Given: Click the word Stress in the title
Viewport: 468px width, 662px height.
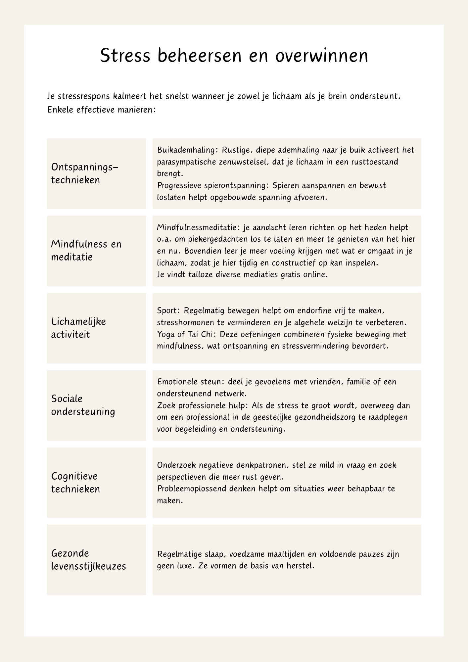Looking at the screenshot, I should pyautogui.click(x=125, y=56).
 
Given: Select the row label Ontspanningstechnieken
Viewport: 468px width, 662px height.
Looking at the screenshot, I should pyautogui.click(x=84, y=173).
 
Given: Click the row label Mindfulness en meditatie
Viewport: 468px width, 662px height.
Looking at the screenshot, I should pyautogui.click(x=86, y=251).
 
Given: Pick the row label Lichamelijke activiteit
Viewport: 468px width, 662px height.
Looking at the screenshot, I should pyautogui.click(x=78, y=328).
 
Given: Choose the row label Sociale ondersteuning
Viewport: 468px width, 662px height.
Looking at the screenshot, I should pyautogui.click(x=83, y=405).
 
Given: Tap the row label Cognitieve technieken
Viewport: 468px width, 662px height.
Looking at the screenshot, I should pyautogui.click(x=75, y=482).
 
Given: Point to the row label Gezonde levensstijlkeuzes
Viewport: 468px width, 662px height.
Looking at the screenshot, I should pyautogui.click(x=88, y=560).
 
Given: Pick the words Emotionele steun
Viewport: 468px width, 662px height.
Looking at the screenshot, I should pyautogui.click(x=191, y=382).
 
